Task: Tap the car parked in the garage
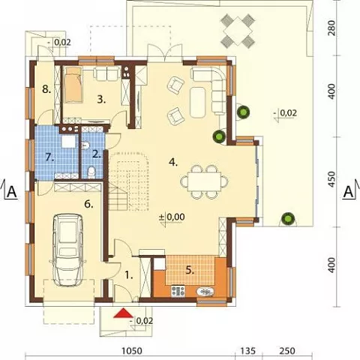(x=68, y=250)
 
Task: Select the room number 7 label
(x=50, y=157)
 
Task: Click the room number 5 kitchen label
(x=190, y=271)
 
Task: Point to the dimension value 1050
(x=132, y=351)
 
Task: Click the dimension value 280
(x=331, y=28)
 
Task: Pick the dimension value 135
(x=248, y=351)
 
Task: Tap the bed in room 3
(x=73, y=85)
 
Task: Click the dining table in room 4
(x=205, y=181)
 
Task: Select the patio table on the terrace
(x=238, y=31)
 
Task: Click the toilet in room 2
(x=91, y=172)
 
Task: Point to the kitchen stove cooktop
(x=178, y=291)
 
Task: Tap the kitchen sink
(x=205, y=292)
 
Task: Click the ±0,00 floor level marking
(x=172, y=217)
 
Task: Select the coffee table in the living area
(x=197, y=102)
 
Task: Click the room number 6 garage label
(x=88, y=204)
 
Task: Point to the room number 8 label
(x=46, y=88)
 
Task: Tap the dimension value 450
(x=331, y=179)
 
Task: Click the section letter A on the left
(x=12, y=192)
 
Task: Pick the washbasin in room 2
(x=85, y=145)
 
